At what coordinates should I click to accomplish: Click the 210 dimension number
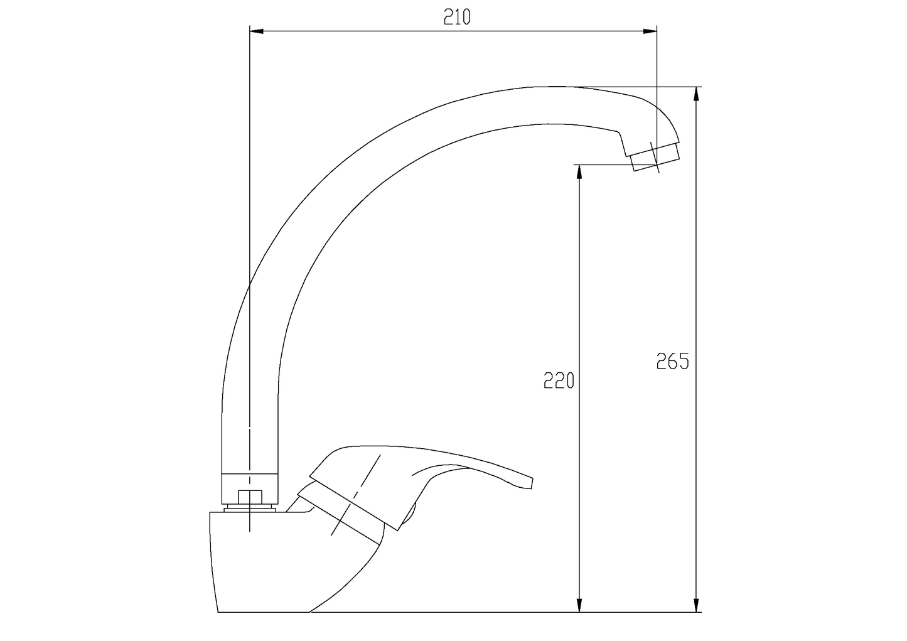pos(457,17)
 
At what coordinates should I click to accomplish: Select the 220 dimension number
pos(559,380)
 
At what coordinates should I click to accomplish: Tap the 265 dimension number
pos(672,361)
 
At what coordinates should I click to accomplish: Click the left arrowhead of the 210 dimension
pos(257,31)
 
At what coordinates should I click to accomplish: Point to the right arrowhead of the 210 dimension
pos(650,31)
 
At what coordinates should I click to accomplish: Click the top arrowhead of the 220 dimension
pos(579,172)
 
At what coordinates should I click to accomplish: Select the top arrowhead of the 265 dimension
pos(697,94)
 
